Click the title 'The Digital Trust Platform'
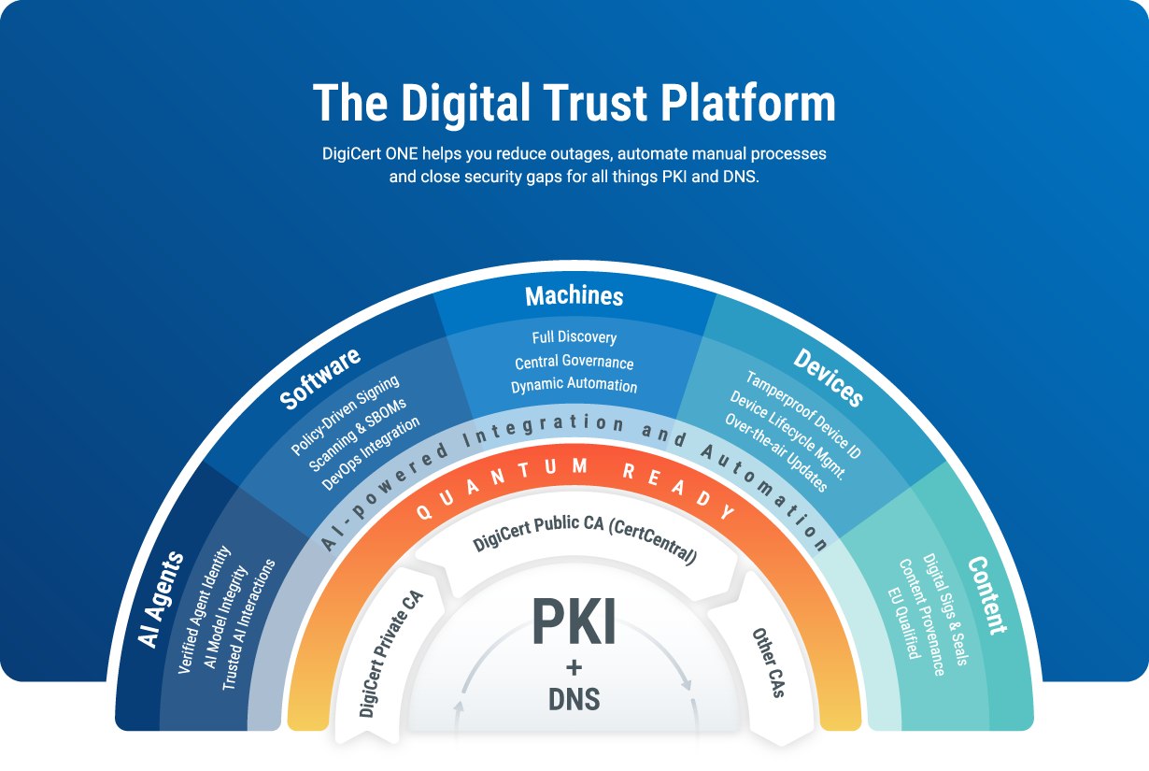574,103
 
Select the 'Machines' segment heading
574,296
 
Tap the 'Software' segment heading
320,378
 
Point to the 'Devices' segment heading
828,377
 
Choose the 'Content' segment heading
986,594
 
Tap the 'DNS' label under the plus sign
574,698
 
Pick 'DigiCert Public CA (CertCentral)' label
586,540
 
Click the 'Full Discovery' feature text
574,336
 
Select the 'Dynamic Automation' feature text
574,385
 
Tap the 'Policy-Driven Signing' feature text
345,415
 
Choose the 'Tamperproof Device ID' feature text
803,414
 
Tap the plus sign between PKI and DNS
574,667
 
